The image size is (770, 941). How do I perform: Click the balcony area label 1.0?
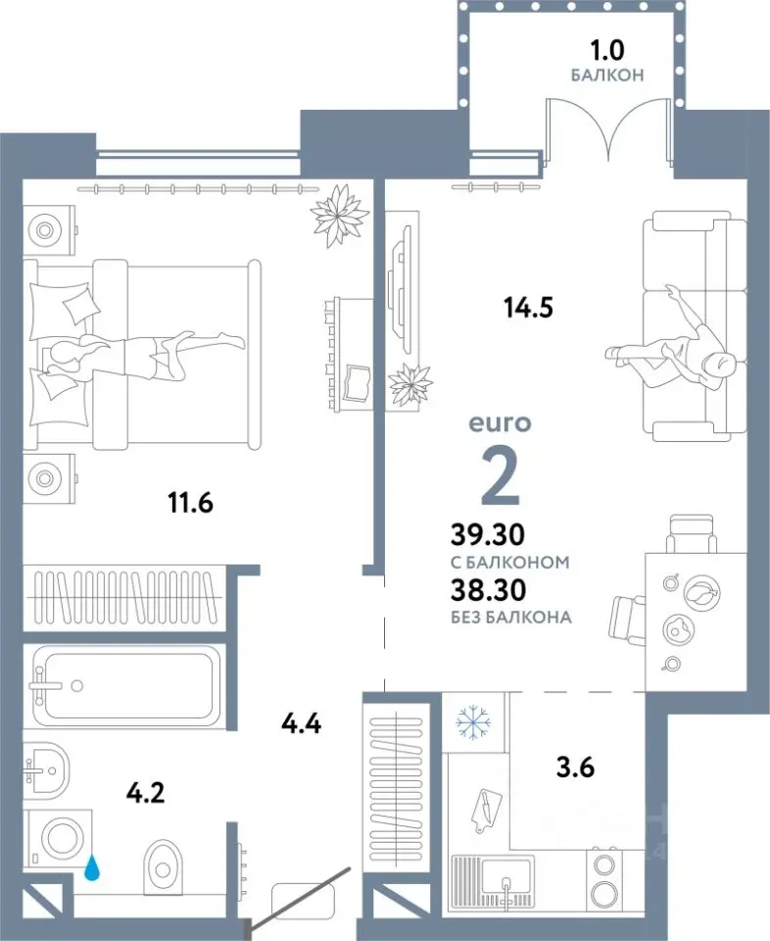pyautogui.click(x=607, y=50)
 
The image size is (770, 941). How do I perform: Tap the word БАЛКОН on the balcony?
pyautogui.click(x=607, y=75)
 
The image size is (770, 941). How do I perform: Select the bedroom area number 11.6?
pyautogui.click(x=191, y=502)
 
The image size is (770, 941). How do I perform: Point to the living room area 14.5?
pyautogui.click(x=528, y=308)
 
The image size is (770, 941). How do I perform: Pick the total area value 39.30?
pyautogui.click(x=488, y=534)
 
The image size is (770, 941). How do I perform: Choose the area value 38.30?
pyautogui.click(x=488, y=590)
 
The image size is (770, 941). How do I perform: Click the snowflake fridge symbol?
pyautogui.click(x=474, y=721)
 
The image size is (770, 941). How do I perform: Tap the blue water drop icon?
pyautogui.click(x=92, y=867)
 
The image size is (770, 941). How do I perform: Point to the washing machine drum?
pyautogui.click(x=61, y=838)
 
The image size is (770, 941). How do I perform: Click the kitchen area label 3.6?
pyautogui.click(x=575, y=767)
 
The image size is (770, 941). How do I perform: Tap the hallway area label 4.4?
pyautogui.click(x=301, y=723)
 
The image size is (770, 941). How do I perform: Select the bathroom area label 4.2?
pyautogui.click(x=146, y=793)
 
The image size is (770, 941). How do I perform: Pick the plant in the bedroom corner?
pyautogui.click(x=339, y=215)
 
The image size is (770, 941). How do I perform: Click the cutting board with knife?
pyautogui.click(x=485, y=812)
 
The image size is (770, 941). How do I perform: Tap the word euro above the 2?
pyautogui.click(x=500, y=423)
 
